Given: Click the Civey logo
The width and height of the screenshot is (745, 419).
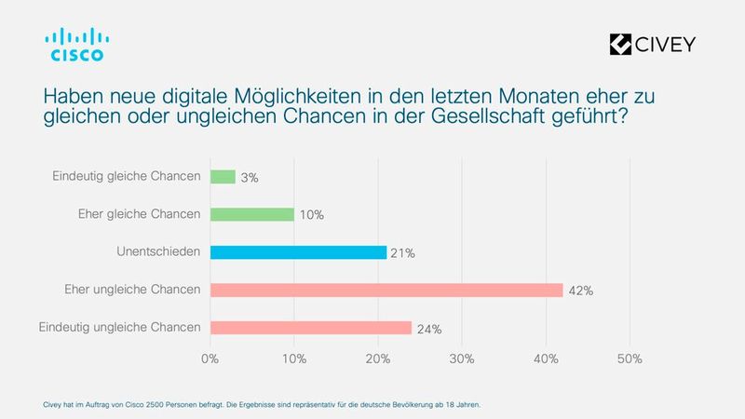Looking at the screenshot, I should (x=652, y=44).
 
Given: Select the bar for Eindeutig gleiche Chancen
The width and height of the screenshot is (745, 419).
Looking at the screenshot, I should (x=223, y=176).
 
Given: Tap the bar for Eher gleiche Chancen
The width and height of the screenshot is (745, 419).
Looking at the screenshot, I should (x=252, y=214).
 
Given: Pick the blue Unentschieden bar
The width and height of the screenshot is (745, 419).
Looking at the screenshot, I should (x=298, y=251).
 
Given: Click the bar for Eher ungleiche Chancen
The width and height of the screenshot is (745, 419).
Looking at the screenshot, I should (x=386, y=290).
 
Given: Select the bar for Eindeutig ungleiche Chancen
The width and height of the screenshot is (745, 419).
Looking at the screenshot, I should (x=311, y=327).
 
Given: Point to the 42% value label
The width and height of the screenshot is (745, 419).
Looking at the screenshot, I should (x=581, y=291).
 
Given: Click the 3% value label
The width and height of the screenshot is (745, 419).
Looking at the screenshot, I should (x=250, y=178).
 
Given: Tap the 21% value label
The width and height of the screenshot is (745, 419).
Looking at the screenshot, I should (x=404, y=253).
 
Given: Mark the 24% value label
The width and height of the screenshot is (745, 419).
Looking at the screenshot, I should (x=429, y=329).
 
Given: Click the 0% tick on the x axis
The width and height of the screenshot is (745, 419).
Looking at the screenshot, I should (x=210, y=358).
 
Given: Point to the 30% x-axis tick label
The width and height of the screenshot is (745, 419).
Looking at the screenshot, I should (x=462, y=358).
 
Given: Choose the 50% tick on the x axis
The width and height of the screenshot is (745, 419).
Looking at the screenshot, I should (x=630, y=358).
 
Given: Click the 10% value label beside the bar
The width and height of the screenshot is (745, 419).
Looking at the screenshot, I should (x=311, y=216).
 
